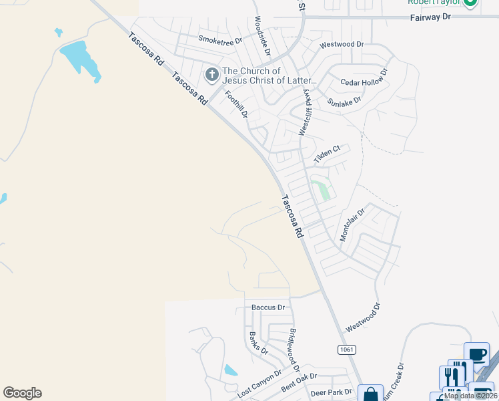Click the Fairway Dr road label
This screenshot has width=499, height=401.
(x=430, y=16)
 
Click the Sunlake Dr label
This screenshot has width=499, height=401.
(x=344, y=101)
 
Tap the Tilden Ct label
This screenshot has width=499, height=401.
(x=327, y=150)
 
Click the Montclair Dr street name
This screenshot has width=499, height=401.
(x=353, y=225)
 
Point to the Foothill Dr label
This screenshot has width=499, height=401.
(x=236, y=105)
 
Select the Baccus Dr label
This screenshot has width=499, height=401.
(x=268, y=307)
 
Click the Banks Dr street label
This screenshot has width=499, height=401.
(x=258, y=342)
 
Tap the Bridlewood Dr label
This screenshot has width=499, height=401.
(x=292, y=351)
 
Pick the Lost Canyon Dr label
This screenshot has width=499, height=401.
(x=260, y=383)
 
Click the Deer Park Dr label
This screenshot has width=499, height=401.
(x=331, y=392)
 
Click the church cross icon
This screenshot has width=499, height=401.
(x=212, y=75)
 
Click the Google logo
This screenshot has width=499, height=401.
(x=23, y=393)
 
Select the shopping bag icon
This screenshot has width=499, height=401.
(x=370, y=394)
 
